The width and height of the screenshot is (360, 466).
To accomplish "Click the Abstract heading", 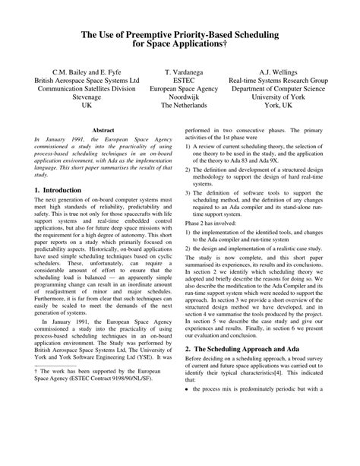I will [x=103, y=131].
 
